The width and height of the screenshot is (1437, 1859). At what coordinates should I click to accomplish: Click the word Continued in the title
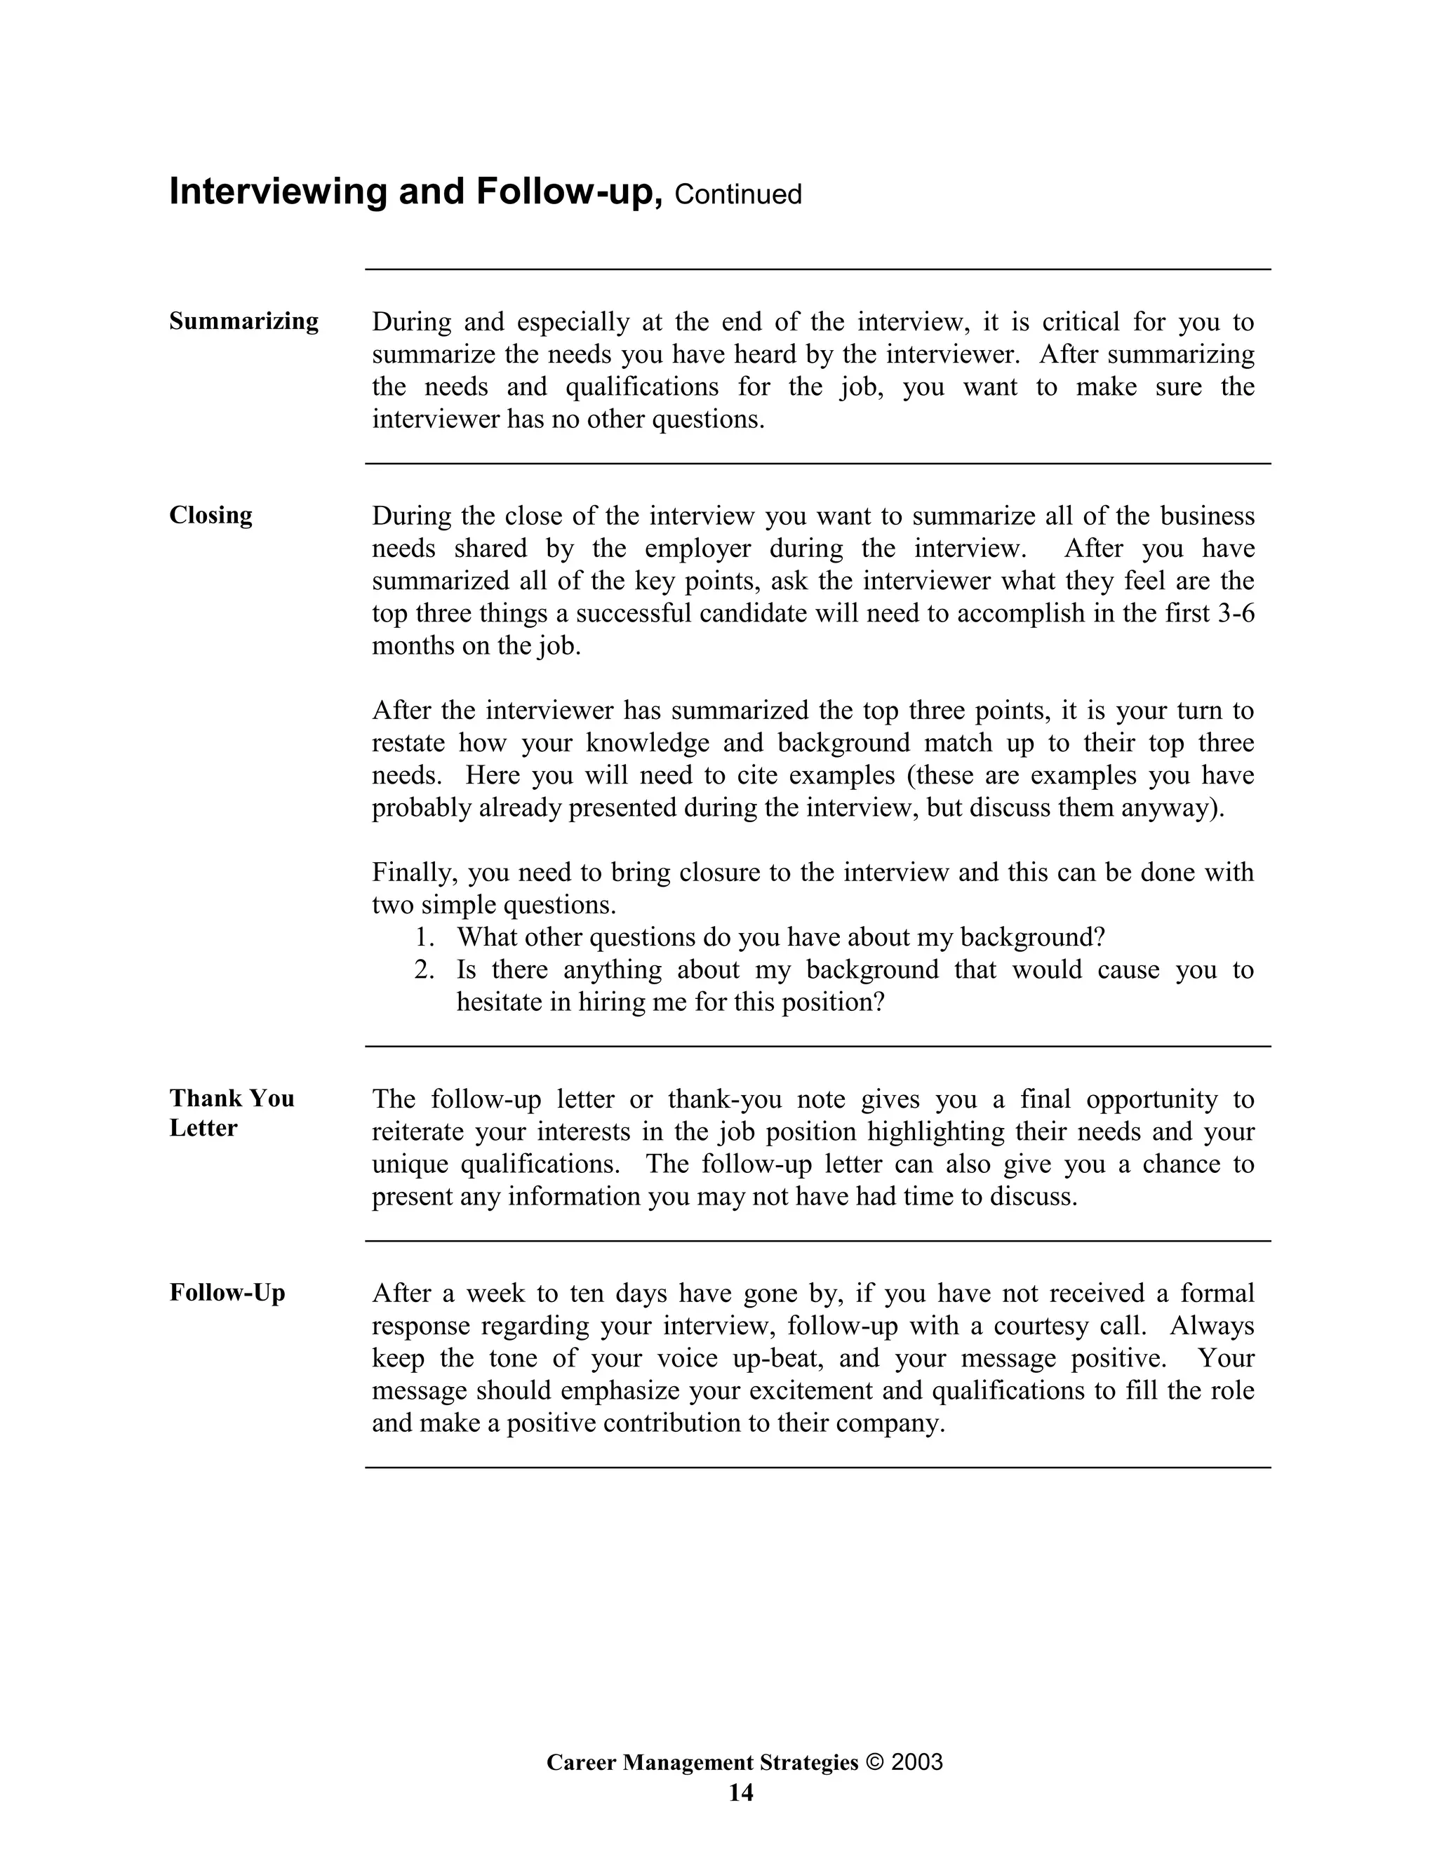tap(737, 194)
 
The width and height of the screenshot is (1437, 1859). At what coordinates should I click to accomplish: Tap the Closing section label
tap(210, 515)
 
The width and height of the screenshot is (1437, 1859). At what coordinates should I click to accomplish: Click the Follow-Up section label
tap(227, 1292)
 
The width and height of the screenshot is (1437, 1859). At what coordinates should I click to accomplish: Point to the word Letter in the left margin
tap(203, 1128)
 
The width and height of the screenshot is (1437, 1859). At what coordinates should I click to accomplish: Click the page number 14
tap(741, 1792)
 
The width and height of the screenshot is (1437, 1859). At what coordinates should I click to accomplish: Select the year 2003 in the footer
tap(917, 1762)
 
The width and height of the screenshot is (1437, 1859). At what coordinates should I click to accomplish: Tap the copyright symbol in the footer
tap(874, 1762)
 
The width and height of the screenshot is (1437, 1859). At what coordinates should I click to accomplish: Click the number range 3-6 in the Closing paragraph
tap(1236, 613)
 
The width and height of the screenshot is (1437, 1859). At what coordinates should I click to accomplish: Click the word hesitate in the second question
tap(500, 1002)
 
